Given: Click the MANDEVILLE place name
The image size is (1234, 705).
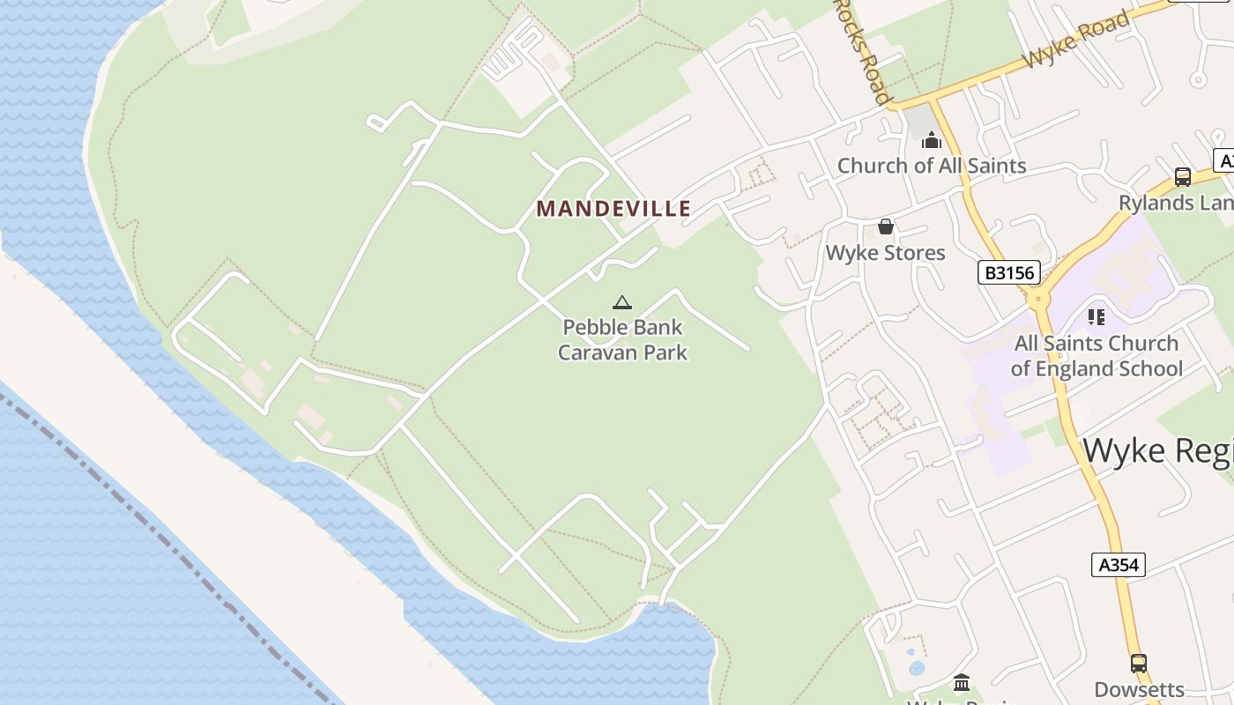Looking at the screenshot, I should point(613,209).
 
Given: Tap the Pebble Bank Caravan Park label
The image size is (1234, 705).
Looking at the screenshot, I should point(622,340).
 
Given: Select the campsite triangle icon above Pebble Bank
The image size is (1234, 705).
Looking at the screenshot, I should point(622,303).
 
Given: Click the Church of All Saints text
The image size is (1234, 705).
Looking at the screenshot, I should point(932,166).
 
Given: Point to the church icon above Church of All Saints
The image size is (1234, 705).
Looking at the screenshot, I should point(932,140).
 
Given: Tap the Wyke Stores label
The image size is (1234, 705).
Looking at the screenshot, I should point(885,253).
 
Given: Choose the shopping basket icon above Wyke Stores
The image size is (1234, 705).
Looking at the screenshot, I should point(886,227).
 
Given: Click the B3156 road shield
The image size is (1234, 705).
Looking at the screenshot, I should point(1009,272).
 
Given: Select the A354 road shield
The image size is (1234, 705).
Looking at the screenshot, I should point(1119,565).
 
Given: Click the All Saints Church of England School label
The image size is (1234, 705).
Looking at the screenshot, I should point(1096,356).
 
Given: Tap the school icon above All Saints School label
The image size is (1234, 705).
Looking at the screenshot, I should point(1096,316).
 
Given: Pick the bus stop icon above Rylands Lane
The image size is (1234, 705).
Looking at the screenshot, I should point(1183,177).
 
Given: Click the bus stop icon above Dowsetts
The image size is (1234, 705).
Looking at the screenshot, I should point(1139,663).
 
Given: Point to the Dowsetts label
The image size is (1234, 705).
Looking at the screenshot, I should point(1139,689).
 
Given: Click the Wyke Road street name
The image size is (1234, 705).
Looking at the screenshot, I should point(1076,40).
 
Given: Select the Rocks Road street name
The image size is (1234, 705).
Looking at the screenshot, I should point(862,48).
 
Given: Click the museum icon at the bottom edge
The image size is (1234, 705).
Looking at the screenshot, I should point(962,682).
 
